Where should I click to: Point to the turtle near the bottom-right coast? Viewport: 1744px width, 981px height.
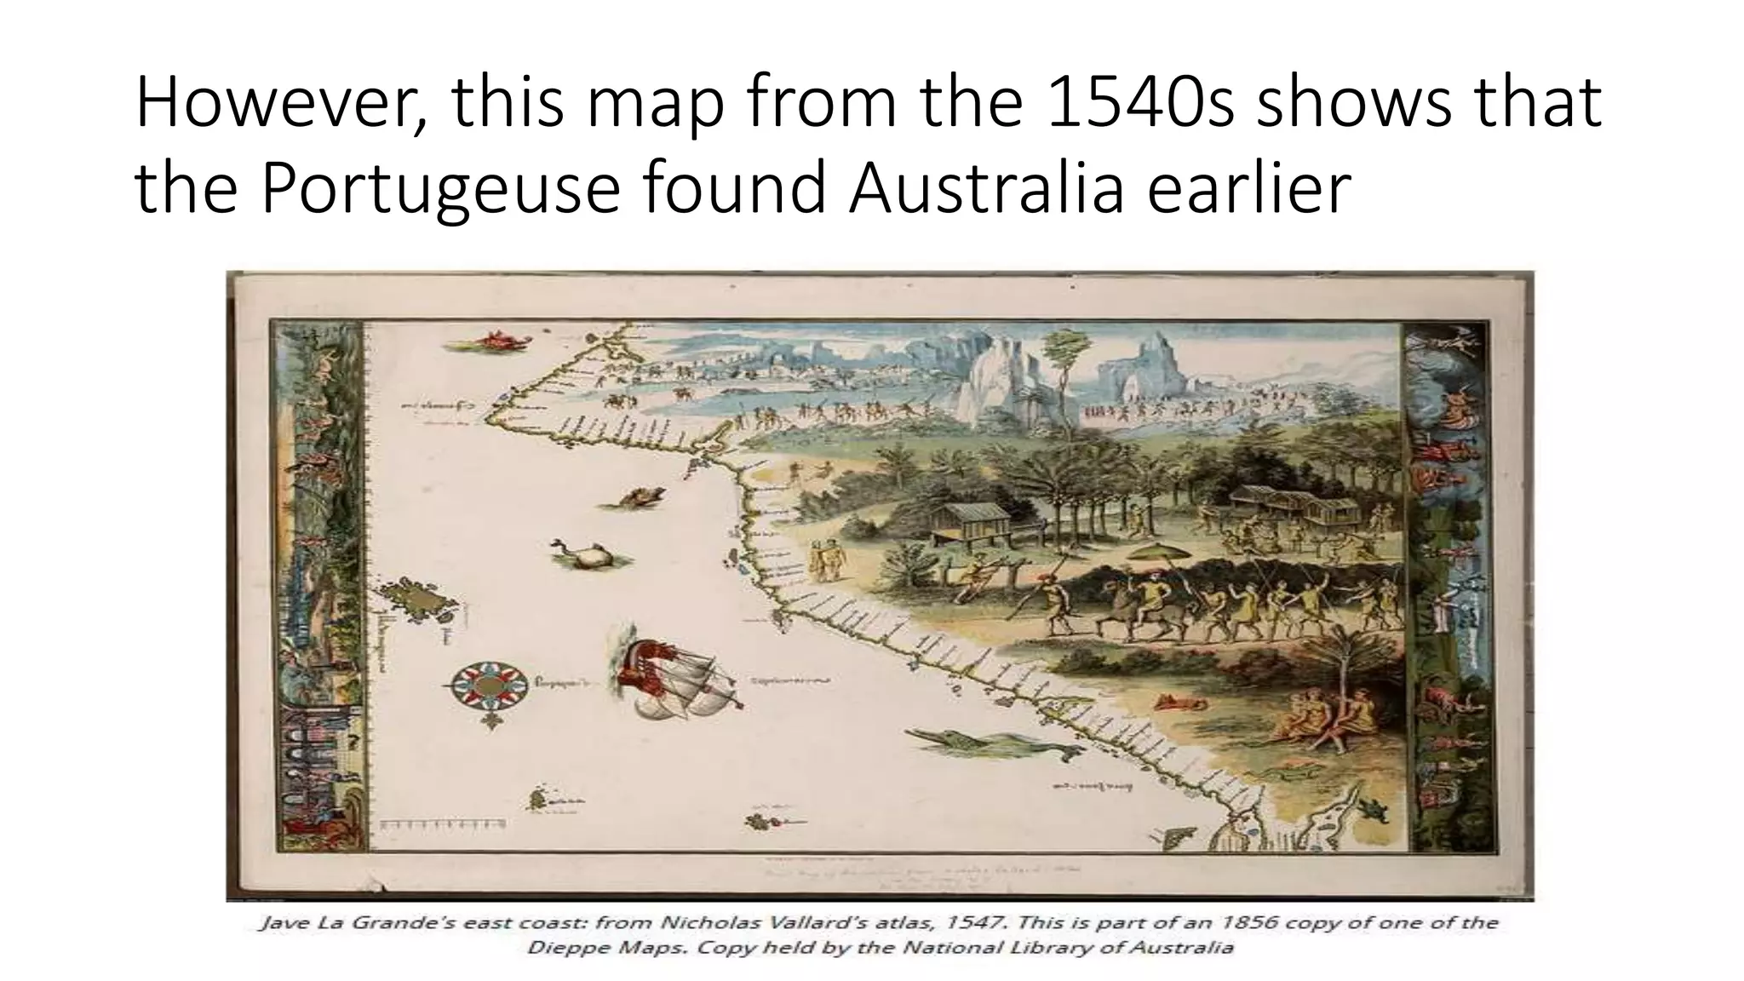1372,807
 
